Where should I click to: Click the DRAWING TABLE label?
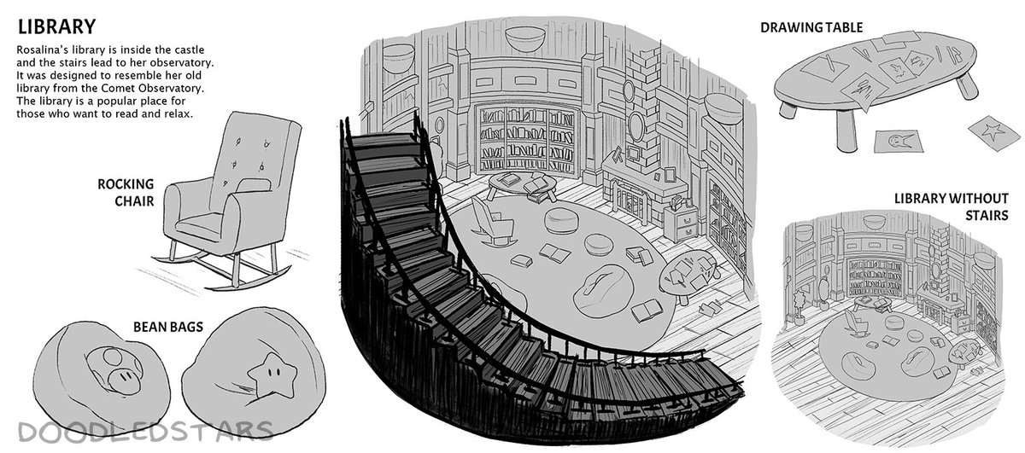811,27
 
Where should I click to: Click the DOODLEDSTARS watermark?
136,432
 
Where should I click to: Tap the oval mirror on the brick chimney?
636,126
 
